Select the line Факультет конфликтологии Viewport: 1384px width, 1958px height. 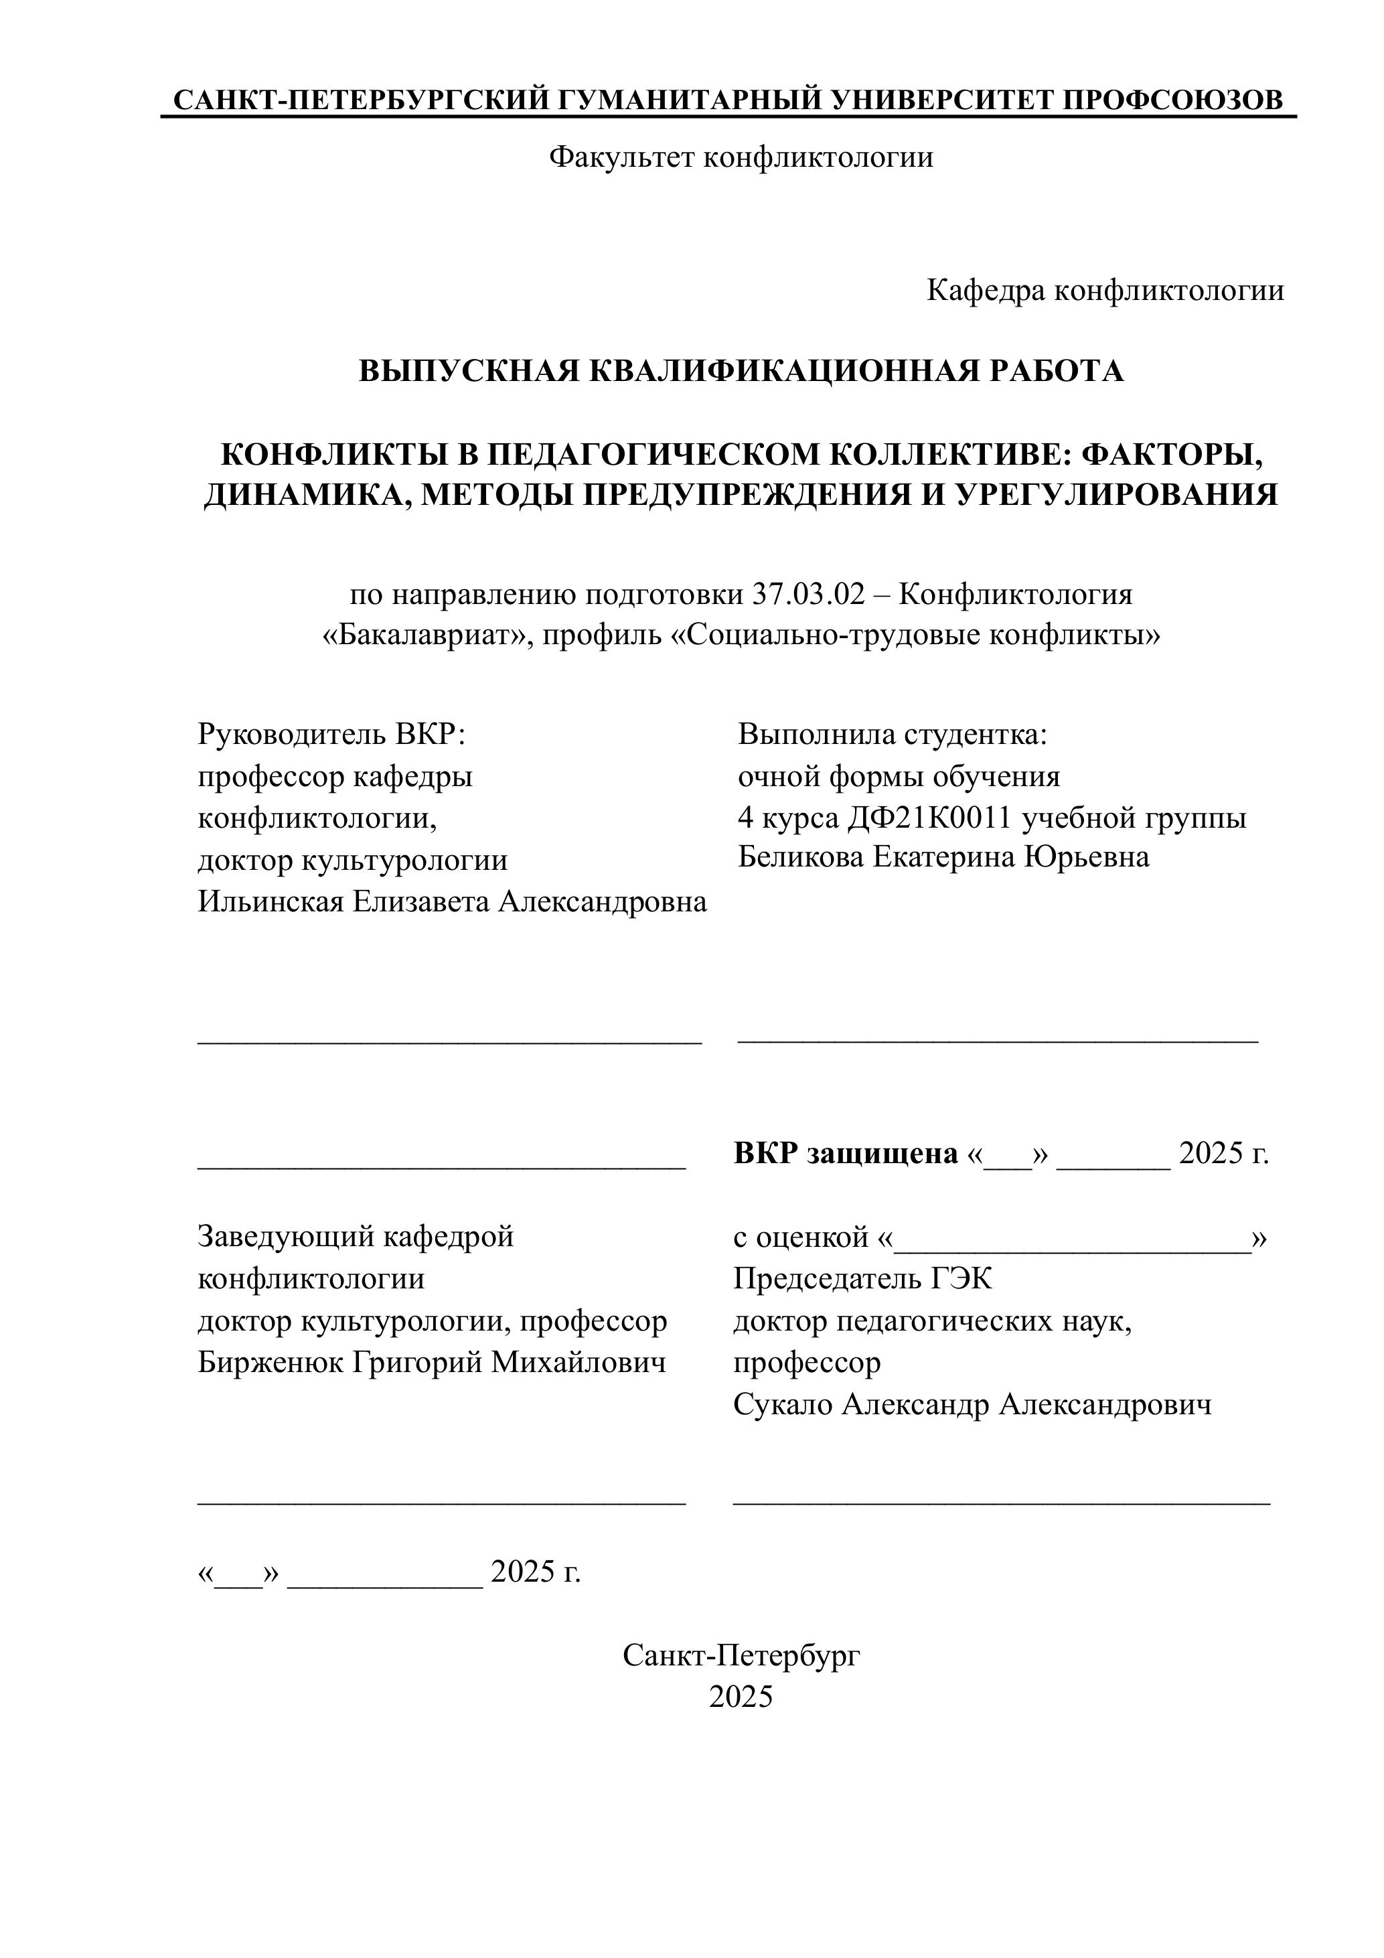[740, 157]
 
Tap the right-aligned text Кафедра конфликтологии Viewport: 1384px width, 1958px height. [1105, 291]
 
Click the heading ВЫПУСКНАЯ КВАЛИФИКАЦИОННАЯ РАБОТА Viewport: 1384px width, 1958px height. [740, 371]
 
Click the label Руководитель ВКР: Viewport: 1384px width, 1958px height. [331, 734]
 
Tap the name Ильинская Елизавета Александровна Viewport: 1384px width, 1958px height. [452, 901]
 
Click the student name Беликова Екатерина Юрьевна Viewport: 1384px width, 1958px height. [943, 857]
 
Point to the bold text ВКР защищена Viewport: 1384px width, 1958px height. [845, 1154]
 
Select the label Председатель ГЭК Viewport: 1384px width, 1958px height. [862, 1279]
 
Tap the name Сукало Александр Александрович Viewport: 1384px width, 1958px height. [972, 1404]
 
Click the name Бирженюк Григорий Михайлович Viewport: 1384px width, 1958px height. [431, 1363]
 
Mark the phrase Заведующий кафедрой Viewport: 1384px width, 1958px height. [356, 1237]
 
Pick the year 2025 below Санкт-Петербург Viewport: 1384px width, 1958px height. [740, 1697]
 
